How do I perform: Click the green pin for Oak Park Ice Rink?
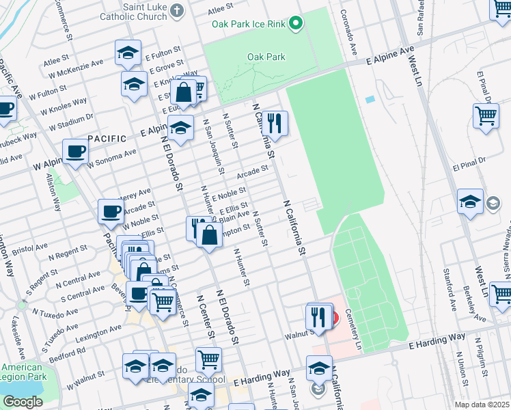[296, 24]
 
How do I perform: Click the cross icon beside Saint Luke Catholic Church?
[177, 10]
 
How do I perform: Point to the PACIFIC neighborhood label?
[107, 138]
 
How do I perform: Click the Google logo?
[23, 402]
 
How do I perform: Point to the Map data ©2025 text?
[482, 405]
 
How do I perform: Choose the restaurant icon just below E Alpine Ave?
[275, 124]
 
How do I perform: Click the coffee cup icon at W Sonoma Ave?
[75, 152]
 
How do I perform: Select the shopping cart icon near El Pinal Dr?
[486, 115]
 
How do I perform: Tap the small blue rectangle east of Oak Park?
[370, 99]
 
